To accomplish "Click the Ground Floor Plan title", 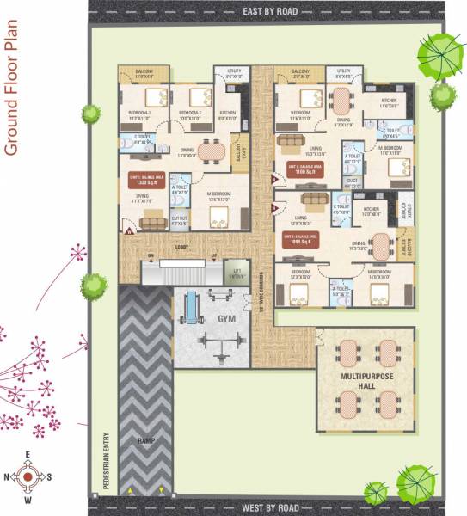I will point(12,94).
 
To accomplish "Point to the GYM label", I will point(226,318).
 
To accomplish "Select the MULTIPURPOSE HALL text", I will point(366,381).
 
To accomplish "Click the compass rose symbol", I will point(28,476).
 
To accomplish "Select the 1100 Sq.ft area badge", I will point(298,170).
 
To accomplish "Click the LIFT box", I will point(230,274).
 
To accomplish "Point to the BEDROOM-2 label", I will point(189,113).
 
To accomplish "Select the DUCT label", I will point(352,181).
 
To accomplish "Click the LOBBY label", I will point(181,244).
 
